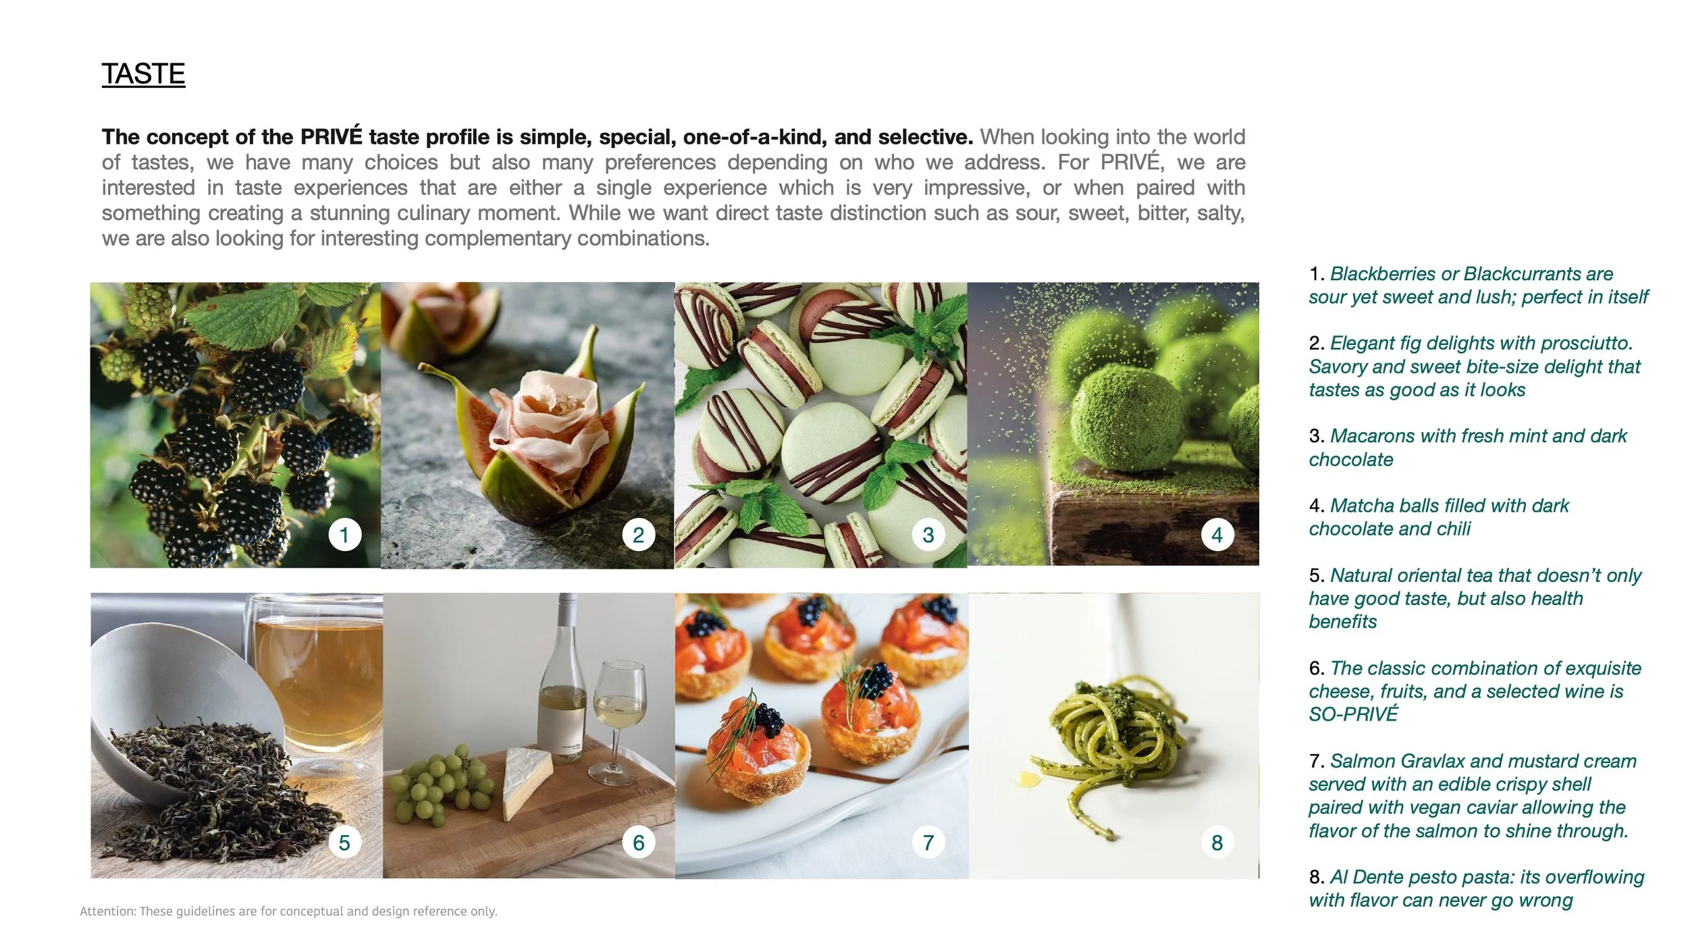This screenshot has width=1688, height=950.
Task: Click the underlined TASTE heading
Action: [x=143, y=74]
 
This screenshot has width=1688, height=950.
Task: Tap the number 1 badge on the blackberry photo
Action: [x=344, y=535]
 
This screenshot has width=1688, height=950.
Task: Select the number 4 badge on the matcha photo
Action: [x=1217, y=535]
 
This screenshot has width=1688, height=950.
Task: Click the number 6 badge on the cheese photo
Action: [x=639, y=842]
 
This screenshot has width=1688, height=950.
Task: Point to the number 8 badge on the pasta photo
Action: [x=1217, y=842]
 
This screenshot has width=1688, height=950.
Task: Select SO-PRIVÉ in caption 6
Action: [x=1353, y=714]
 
